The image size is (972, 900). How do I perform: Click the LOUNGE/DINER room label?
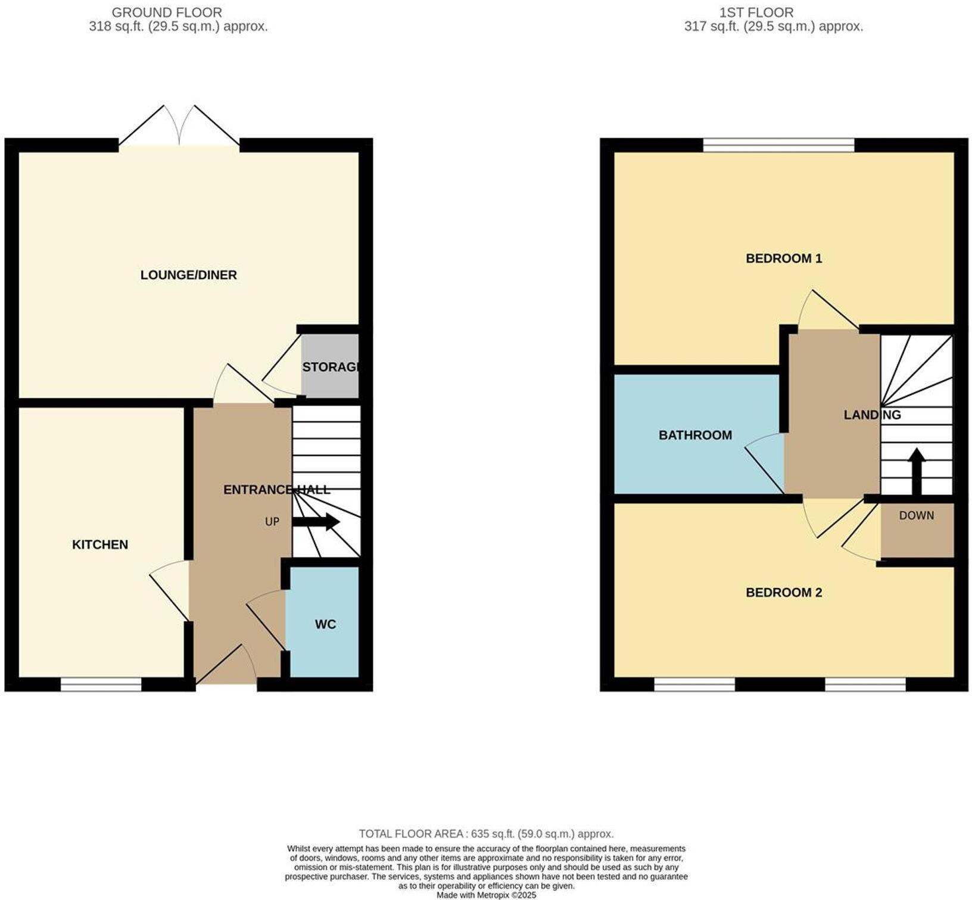point(188,275)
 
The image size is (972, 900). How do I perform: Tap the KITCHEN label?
point(100,544)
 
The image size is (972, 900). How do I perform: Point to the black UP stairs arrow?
point(316,522)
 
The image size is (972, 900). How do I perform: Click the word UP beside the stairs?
point(272,522)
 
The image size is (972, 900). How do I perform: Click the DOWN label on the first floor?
point(917,516)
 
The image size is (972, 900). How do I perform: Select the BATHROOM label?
point(695,435)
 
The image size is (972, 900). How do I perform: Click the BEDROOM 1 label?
point(784,259)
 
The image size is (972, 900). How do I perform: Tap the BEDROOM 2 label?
point(784,593)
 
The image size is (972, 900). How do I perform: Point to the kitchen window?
point(101,686)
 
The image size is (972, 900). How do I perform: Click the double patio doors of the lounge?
point(179,128)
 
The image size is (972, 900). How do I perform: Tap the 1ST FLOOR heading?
point(757,12)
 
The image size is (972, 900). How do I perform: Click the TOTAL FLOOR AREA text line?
point(486,834)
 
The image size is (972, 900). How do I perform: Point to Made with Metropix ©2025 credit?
point(486,895)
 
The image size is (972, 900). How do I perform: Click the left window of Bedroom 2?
point(694,686)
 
